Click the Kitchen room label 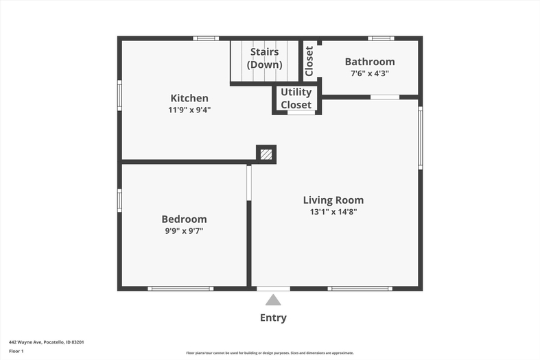point(189,98)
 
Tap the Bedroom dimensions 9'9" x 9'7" point(185,230)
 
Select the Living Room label point(333,200)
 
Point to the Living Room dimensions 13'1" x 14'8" point(333,212)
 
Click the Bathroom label point(370,62)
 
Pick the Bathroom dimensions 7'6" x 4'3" point(370,73)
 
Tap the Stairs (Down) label point(264,58)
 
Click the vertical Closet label point(309,61)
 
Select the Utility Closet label point(296,99)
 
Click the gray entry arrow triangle point(273,300)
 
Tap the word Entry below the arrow point(273,317)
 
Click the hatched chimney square point(266,154)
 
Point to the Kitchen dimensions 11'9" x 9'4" point(189,110)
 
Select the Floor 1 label point(16,351)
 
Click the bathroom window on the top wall point(381,38)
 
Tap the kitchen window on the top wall point(206,38)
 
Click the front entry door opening point(274,289)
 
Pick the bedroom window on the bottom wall point(180,289)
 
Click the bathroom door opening point(385,97)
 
